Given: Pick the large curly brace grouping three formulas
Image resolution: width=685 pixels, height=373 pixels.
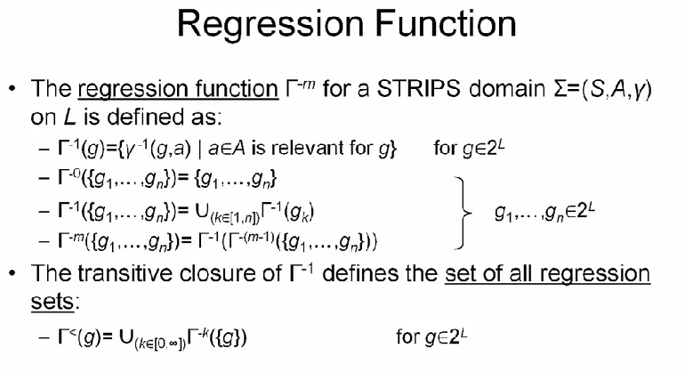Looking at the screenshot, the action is point(460,212).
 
